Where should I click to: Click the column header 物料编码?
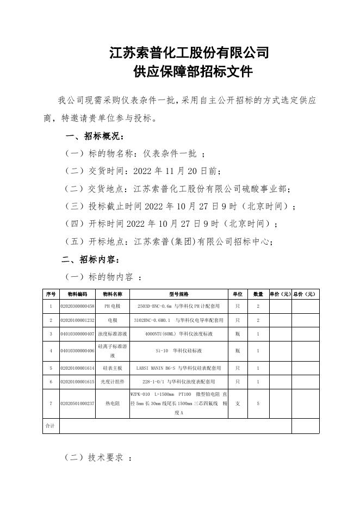click(77, 294)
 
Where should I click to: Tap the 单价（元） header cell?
click(280, 294)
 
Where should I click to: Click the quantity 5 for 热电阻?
click(258, 404)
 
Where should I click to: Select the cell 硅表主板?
click(112, 368)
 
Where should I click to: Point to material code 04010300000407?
click(77, 334)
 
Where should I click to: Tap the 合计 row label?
click(50, 426)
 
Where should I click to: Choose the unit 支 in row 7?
click(238, 404)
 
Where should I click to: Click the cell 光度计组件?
click(112, 382)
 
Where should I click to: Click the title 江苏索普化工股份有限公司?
click(189, 53)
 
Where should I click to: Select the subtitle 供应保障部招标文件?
click(189, 72)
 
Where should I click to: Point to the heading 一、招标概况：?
click(95, 136)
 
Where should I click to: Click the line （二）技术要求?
click(98, 458)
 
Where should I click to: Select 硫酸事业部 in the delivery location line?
click(265, 189)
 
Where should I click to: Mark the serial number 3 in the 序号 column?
click(50, 334)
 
